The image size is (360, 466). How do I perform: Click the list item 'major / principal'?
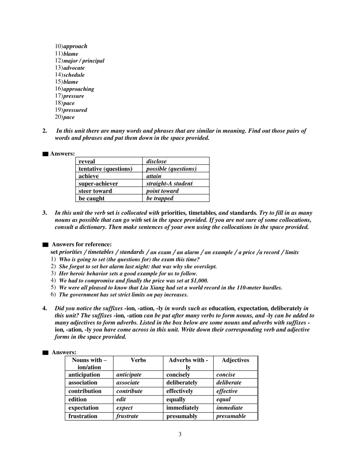pos(83,61)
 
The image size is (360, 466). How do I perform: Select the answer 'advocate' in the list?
pos(74,68)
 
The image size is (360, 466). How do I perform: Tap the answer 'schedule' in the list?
pos(74,75)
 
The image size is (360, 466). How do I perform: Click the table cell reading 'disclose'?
pos(156,161)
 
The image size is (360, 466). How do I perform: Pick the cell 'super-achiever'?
pos(98,184)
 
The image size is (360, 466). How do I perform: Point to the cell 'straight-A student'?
pos(169,184)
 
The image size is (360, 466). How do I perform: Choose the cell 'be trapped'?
pos(160,199)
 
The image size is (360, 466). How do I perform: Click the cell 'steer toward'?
pos(95,191)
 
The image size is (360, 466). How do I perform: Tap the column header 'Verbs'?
pos(138,360)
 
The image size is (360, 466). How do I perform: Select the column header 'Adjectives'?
pos(235,360)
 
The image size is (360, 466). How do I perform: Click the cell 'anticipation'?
pos(84,375)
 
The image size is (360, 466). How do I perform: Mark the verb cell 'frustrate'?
pos(127,416)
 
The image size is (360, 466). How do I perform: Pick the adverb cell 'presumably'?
pos(182,416)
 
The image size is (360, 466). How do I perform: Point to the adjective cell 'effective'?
pos(227,391)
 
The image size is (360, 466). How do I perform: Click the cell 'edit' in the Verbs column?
pos(121,399)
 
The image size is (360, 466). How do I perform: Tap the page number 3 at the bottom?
pos(180,435)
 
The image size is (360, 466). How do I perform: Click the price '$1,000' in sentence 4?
pos(199,281)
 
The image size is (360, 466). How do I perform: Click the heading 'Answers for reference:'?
pos(81,244)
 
